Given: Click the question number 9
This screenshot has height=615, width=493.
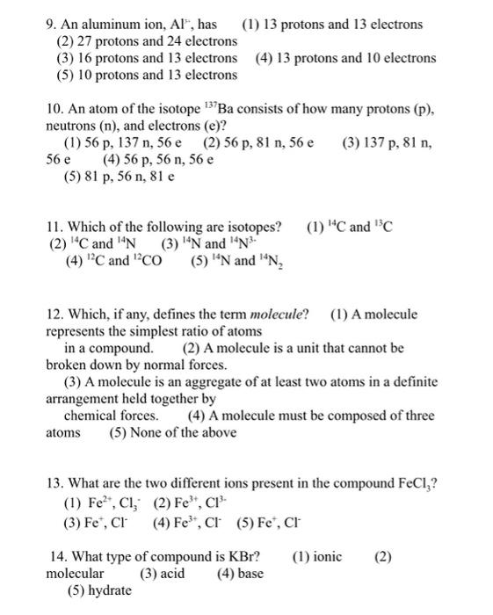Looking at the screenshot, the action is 51,24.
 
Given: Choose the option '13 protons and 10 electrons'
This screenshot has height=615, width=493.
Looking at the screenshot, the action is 357,58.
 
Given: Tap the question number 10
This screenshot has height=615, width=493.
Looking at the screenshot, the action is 54,109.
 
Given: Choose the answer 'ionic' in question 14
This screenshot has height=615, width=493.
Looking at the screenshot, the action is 326,556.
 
